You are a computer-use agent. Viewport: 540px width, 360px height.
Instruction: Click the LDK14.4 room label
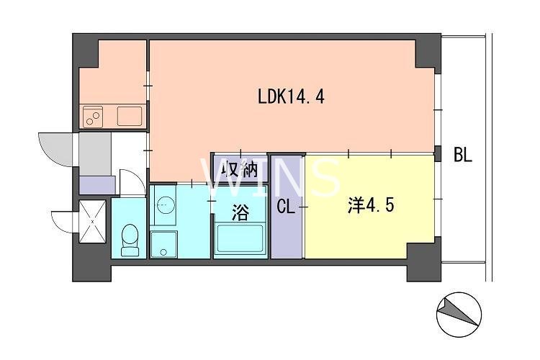point(290,96)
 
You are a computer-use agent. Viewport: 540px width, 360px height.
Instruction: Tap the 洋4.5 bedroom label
point(370,207)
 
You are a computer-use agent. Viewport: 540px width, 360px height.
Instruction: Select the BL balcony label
point(462,155)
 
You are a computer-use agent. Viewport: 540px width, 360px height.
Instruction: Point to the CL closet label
point(286,207)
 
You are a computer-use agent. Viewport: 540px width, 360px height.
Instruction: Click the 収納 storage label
point(239,170)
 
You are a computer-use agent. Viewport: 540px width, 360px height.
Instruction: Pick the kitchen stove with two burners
point(94,115)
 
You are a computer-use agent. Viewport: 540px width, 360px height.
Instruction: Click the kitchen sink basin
point(129,115)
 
